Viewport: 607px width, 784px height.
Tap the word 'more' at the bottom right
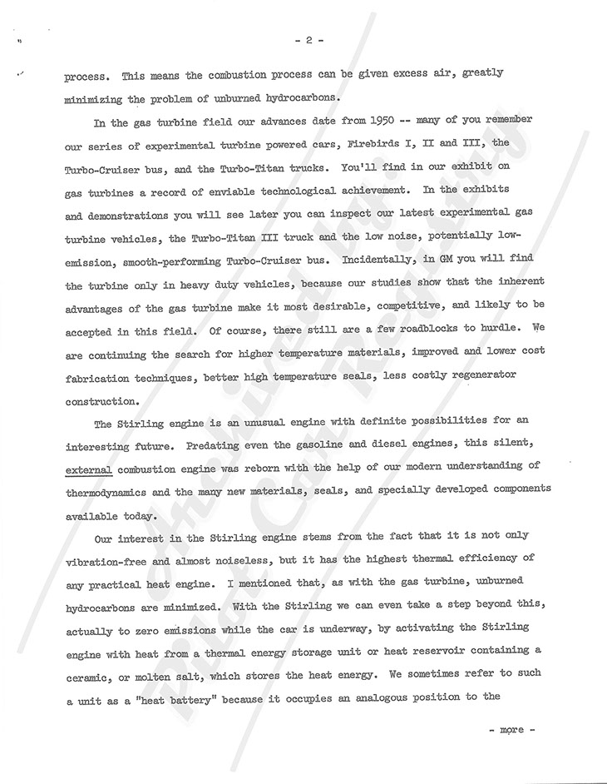click(511, 730)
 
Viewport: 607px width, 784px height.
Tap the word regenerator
click(482, 375)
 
